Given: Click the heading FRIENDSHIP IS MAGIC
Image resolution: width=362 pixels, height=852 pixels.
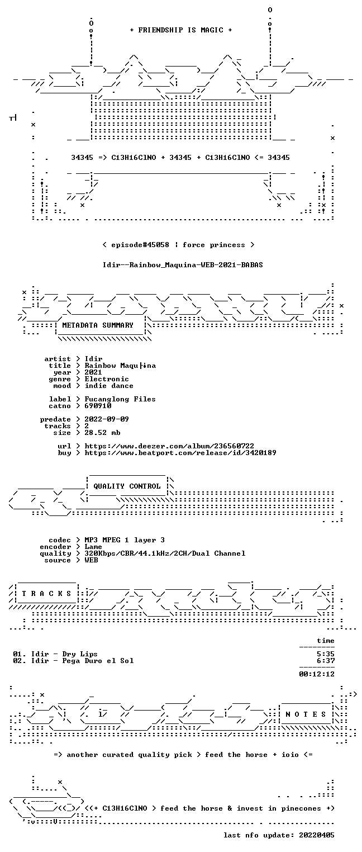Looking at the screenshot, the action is point(180,30).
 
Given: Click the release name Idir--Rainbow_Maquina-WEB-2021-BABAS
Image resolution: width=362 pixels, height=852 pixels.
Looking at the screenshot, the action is point(183,265).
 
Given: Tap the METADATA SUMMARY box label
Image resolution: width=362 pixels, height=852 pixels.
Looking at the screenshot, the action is point(98,325).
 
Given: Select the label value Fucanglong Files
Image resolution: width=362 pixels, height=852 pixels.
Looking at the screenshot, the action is point(120,399).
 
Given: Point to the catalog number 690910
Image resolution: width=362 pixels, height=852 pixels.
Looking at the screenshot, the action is point(98,406).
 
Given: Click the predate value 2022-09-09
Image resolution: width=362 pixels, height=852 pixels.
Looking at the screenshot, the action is point(107,419).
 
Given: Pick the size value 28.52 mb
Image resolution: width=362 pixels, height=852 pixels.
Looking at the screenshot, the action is point(102,433).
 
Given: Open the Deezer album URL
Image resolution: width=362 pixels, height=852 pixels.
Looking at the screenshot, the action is point(169,446).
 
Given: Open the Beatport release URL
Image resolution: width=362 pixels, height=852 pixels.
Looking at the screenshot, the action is point(180,453).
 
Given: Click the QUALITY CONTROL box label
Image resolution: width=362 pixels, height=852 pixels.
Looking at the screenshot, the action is point(127,486).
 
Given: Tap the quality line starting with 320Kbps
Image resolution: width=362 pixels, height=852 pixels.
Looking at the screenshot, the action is point(165,553).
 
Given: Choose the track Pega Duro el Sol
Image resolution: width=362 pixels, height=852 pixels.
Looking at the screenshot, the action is point(98,661).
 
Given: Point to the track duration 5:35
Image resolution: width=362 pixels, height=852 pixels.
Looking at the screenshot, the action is point(326,654).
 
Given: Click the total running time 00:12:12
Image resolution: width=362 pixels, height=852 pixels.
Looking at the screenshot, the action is point(317,674).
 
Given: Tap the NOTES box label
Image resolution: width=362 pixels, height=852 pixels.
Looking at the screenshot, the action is point(306,714).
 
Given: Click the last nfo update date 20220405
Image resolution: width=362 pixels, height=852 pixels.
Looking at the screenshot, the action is point(317,835).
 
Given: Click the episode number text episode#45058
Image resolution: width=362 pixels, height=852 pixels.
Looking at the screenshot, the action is point(140,245).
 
